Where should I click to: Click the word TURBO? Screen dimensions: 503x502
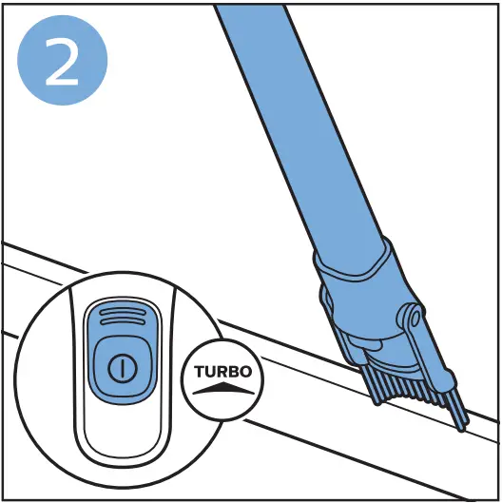point(222,372)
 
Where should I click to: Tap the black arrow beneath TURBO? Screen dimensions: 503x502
point(222,387)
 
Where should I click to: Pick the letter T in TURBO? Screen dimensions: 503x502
point(199,372)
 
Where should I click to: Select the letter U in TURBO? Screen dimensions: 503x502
point(210,372)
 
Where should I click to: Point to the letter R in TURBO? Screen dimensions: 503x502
point(222,372)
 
